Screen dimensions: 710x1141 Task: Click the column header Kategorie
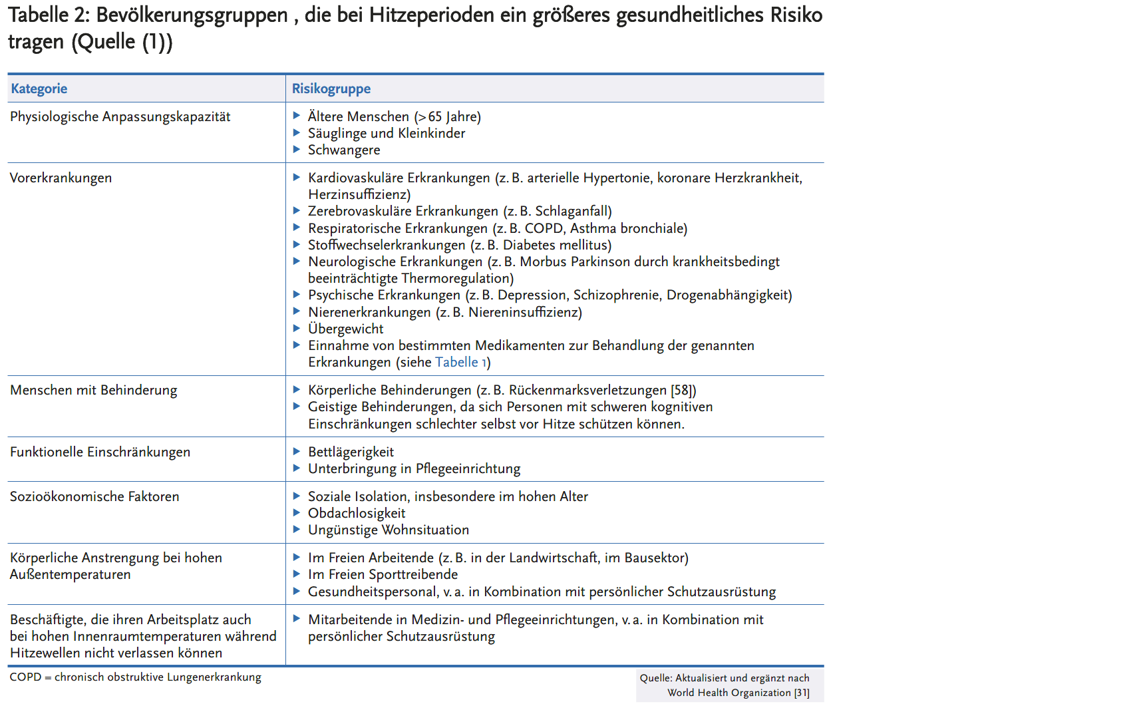coord(39,89)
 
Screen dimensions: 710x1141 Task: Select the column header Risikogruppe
coord(331,89)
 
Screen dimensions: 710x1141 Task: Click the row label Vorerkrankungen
coord(61,178)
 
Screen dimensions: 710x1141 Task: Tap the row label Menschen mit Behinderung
coord(93,390)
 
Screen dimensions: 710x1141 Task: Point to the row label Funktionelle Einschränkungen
coord(100,452)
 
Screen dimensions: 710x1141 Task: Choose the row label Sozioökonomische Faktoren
coord(94,496)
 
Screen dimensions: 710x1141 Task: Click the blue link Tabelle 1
coord(461,362)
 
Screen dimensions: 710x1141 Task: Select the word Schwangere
coord(344,150)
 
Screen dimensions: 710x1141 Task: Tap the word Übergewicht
coord(345,329)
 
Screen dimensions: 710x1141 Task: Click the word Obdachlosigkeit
coord(357,513)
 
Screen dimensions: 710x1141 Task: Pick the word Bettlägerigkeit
coord(351,452)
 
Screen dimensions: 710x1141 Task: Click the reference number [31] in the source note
coord(801,693)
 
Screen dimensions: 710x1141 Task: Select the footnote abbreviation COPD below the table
coord(25,677)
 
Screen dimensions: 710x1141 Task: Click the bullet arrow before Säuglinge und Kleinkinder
coord(297,132)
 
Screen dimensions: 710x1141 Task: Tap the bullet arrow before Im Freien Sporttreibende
coord(297,574)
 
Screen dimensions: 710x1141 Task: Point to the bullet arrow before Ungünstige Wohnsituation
coord(297,529)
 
